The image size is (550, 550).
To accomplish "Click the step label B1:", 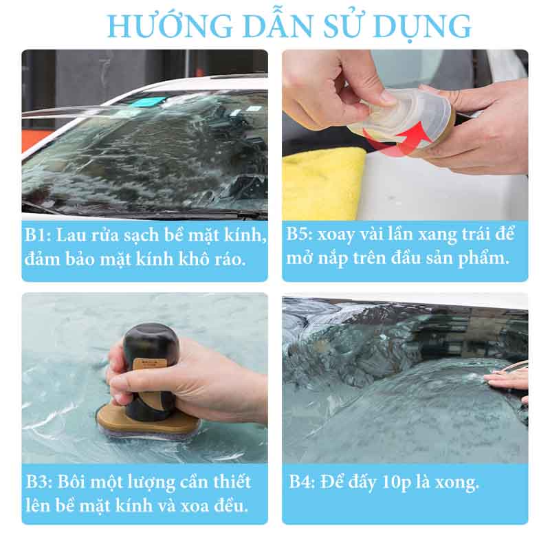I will (40, 235).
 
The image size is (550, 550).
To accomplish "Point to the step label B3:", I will (40, 481).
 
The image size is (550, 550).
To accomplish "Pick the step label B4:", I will (302, 482).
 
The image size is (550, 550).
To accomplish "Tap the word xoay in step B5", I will (348, 234).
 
